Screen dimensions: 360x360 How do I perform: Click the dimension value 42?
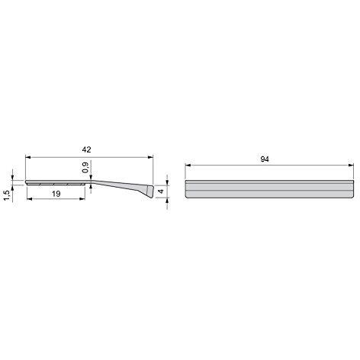[86, 149]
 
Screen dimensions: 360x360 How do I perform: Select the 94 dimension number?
[265, 159]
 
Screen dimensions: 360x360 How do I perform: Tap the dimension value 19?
[56, 194]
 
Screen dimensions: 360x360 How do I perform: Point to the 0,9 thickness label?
[85, 167]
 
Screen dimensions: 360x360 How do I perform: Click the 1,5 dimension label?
[7, 195]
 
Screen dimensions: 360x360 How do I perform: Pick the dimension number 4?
[161, 191]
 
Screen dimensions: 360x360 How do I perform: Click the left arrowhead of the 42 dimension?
[28, 157]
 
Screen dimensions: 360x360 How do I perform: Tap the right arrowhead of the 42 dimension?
[151, 157]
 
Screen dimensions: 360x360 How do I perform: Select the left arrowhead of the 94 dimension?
[188, 166]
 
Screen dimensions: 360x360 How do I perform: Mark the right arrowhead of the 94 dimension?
[351, 166]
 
